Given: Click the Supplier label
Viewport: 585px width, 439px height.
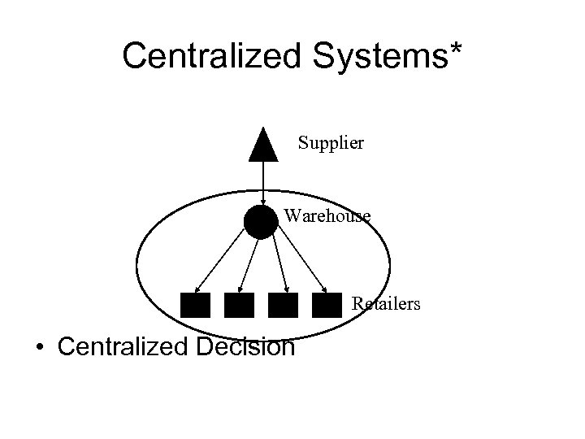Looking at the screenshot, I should (x=331, y=144).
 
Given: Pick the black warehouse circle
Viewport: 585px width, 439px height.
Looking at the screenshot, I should (x=261, y=221).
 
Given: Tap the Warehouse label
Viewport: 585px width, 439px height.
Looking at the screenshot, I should (x=327, y=216).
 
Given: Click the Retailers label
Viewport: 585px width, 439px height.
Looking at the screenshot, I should (x=386, y=305).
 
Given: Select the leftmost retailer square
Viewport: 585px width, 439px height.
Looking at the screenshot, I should (x=195, y=305).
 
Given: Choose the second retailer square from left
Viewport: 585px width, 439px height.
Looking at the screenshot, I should (x=239, y=305).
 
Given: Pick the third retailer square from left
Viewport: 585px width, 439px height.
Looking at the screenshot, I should (x=283, y=305).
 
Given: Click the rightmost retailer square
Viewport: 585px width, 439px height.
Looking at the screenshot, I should (x=327, y=305).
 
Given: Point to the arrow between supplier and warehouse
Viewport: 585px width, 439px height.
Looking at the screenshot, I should (x=262, y=183).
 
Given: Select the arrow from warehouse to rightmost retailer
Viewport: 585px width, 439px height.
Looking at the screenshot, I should (x=302, y=260).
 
